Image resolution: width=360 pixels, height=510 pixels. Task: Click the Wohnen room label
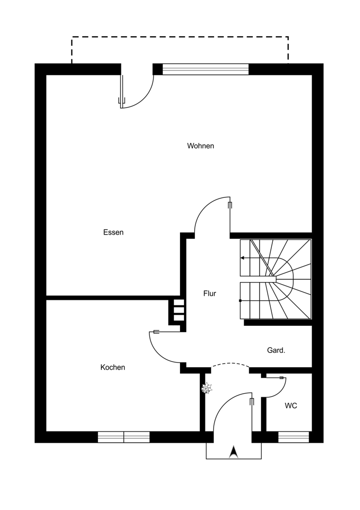click(200, 146)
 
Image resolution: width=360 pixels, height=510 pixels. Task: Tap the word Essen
click(113, 233)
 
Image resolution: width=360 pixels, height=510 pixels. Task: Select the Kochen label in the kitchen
click(113, 367)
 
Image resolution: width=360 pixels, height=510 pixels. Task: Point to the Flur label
click(210, 294)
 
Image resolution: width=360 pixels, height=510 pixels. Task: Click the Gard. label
click(276, 350)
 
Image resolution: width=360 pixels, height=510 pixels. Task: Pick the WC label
click(291, 406)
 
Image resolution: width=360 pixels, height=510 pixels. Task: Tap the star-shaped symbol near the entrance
click(207, 389)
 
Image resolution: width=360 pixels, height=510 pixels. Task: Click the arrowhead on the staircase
click(243, 258)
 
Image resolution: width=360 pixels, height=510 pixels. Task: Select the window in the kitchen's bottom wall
click(123, 437)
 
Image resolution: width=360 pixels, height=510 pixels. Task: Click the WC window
click(293, 437)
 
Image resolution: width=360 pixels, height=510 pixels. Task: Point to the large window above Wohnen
click(205, 69)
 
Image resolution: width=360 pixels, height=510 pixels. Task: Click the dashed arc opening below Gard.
click(230, 364)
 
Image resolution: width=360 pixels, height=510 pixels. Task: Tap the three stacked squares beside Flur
click(178, 310)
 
